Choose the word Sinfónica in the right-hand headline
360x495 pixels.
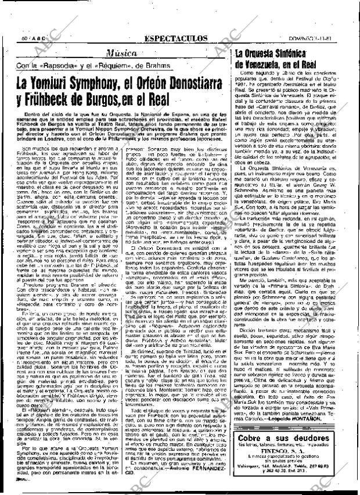(x=311, y=53)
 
